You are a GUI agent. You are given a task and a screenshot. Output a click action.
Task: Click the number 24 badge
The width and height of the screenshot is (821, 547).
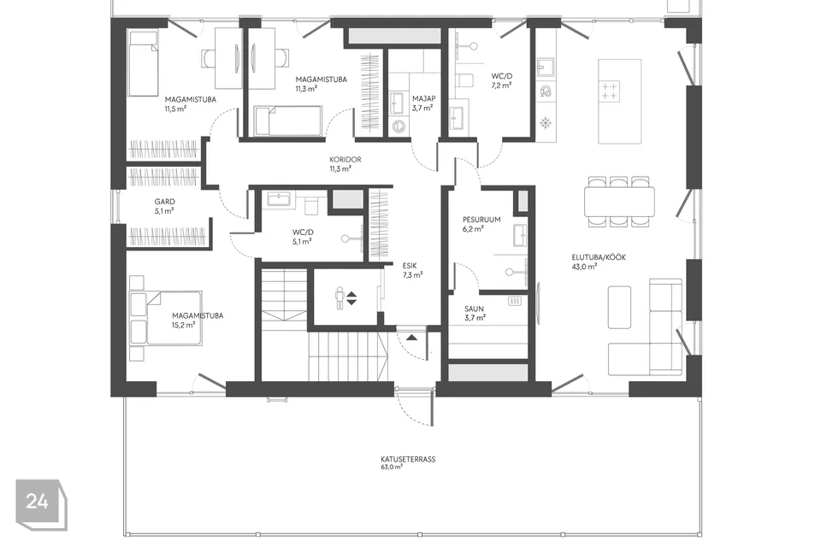37,503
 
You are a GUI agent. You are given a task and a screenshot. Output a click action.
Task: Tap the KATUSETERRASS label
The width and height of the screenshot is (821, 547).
408,459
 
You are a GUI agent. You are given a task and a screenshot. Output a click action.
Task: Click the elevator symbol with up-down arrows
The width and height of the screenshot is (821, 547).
346,298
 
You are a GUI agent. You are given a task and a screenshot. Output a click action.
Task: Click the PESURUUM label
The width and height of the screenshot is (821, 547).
481,219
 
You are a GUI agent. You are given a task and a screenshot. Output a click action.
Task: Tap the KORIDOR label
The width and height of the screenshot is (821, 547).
346,160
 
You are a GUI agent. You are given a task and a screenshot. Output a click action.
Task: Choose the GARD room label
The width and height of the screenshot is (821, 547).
164,202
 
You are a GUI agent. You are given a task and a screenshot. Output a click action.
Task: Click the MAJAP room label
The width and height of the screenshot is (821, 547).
423,99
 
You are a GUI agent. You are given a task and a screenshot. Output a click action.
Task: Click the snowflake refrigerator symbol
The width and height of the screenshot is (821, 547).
544,123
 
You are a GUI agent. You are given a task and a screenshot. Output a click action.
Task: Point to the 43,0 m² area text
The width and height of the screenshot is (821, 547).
584,266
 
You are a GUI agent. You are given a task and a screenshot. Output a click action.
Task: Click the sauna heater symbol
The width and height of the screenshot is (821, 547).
515,301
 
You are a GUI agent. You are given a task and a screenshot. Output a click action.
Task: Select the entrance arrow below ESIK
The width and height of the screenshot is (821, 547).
411,338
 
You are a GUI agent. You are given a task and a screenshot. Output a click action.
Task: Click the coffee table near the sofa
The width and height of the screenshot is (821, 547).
618,306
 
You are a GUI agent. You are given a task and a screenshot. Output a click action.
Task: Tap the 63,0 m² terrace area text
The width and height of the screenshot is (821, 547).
392,468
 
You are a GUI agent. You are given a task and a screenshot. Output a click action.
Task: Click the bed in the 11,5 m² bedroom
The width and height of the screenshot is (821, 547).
144,63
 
